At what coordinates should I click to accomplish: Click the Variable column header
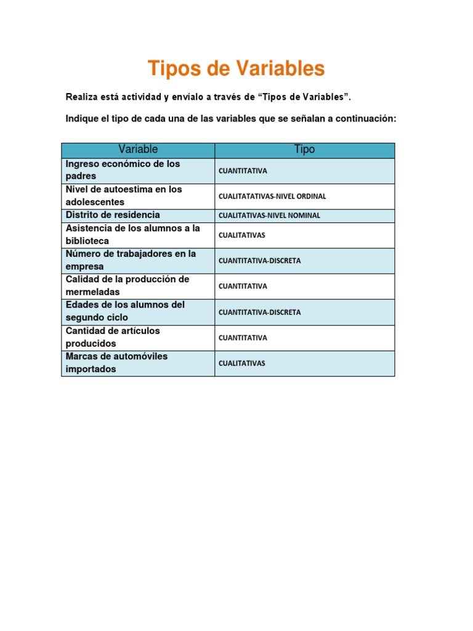(138, 150)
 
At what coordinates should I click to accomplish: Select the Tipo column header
(304, 150)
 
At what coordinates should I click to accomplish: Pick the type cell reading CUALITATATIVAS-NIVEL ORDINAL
(272, 197)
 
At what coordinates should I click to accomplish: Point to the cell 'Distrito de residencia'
(113, 215)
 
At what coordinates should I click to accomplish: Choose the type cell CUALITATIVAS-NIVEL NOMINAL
(269, 216)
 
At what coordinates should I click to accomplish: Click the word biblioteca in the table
(87, 241)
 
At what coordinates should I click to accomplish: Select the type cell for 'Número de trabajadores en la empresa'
(259, 261)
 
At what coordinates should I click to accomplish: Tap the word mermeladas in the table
(92, 292)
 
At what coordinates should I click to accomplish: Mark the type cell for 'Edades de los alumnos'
(259, 312)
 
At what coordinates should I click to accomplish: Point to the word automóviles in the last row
(138, 356)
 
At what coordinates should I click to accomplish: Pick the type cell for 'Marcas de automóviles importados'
(242, 364)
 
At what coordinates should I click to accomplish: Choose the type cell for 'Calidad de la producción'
(243, 287)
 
